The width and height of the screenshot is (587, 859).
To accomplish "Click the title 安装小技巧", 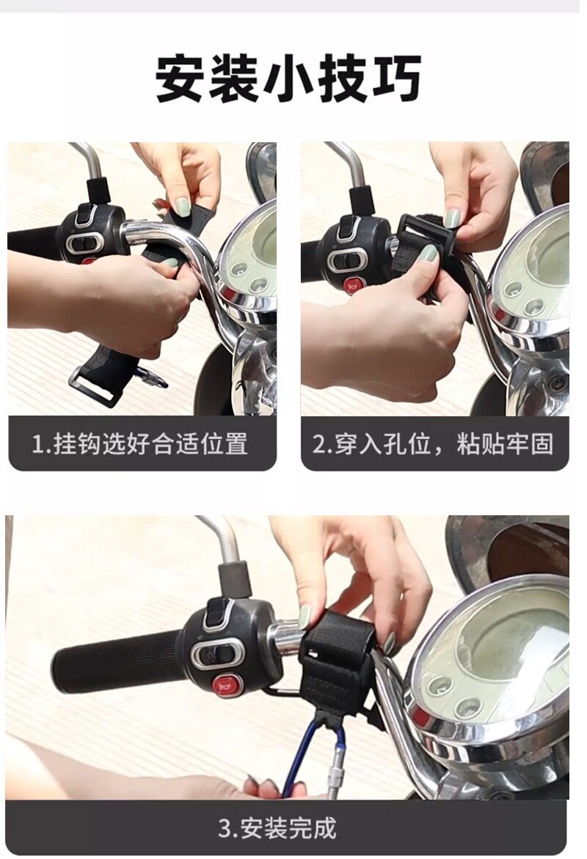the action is pos(288,78).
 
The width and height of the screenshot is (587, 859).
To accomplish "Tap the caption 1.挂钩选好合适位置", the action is pos(140,443).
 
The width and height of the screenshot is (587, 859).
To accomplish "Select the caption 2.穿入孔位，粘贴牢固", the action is pos(433,443).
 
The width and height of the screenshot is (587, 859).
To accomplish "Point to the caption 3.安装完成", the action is pos(277,827).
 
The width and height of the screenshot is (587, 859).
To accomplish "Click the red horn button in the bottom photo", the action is pos(225,685).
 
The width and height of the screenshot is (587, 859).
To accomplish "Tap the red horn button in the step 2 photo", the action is pos(353,284).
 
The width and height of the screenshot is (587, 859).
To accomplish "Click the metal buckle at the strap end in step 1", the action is pos(95,386).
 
